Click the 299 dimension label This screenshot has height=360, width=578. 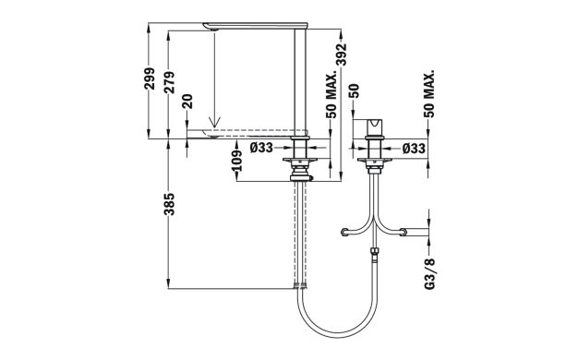click(x=150, y=78)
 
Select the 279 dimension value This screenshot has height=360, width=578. click(x=170, y=82)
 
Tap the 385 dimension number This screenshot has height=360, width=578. click(x=170, y=204)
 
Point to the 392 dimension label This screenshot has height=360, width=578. click(x=342, y=54)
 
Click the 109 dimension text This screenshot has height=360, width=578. click(x=237, y=161)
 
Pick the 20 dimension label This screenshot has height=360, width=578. click(x=187, y=102)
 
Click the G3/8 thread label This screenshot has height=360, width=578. click(x=430, y=274)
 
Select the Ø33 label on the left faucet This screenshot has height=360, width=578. click(x=261, y=148)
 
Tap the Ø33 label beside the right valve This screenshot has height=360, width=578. click(x=414, y=149)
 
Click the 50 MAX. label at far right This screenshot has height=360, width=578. click(x=430, y=93)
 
